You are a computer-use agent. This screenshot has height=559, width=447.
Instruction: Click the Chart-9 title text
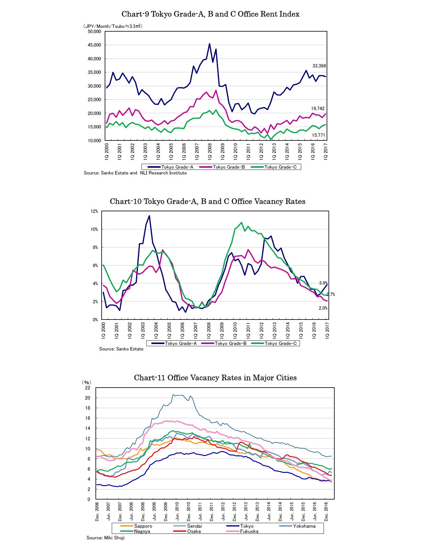coord(210,14)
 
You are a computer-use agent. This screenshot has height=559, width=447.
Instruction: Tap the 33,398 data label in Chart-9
coord(319,66)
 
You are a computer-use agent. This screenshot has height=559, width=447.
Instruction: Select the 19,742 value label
coord(317,109)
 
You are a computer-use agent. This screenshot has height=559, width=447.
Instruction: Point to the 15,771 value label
coord(318,135)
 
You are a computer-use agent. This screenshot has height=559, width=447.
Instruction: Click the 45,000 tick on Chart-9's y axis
coord(94,45)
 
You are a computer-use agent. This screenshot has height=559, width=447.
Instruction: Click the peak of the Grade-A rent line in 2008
coord(209,44)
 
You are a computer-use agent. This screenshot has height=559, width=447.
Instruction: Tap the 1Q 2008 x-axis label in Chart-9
coord(210,151)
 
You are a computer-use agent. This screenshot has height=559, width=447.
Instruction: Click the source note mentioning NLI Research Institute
coord(135,173)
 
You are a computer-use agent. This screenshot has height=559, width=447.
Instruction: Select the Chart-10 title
coord(208,201)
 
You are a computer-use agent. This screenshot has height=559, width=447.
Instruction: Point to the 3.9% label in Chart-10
coord(323,283)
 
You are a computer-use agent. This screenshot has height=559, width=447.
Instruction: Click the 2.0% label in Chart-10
coord(323,308)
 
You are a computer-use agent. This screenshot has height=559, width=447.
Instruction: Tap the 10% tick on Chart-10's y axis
coord(94,229)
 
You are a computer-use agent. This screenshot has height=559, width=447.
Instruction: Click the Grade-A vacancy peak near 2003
coord(149,216)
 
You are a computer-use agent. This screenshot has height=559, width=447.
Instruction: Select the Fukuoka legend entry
coord(249,531)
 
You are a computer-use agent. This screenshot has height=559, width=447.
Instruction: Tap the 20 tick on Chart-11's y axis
coord(88,398)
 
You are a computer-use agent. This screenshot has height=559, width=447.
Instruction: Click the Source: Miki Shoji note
coord(105,538)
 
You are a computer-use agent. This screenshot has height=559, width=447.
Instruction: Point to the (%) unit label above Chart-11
coord(86,382)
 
